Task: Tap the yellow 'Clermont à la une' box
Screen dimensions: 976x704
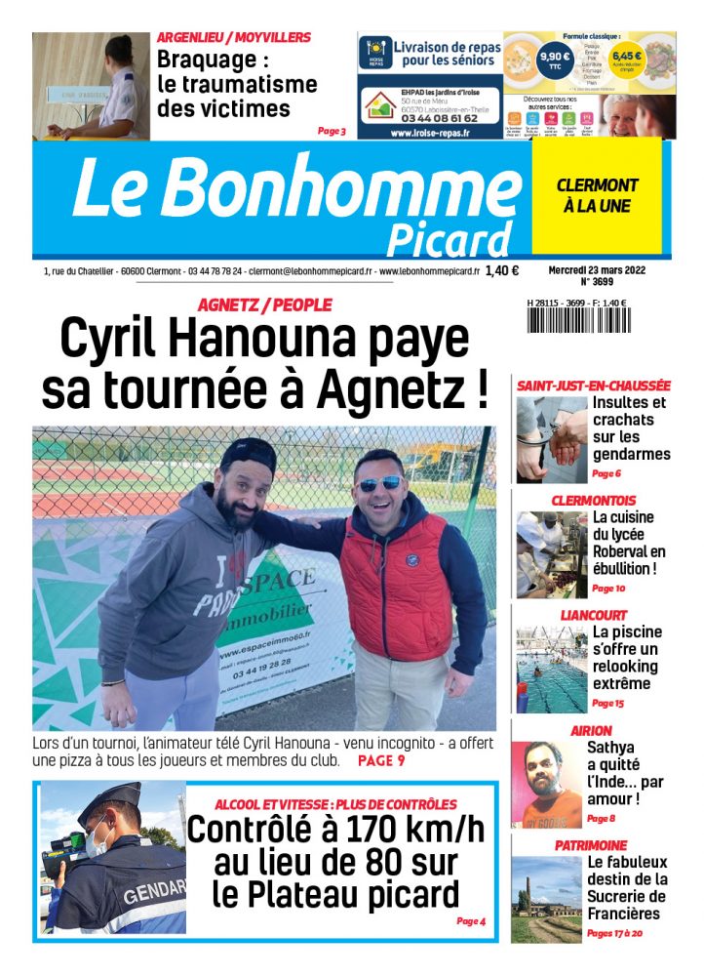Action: [x=596, y=195]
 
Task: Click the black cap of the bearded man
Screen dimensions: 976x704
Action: [x=247, y=454]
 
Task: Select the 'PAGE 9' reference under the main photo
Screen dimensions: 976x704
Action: [x=380, y=759]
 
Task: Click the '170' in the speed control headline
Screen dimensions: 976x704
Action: [x=346, y=831]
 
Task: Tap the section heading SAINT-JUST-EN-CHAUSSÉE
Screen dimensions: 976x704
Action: [x=594, y=386]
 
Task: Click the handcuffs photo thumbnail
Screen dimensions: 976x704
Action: [x=550, y=438]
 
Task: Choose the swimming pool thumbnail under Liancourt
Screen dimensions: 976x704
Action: [x=550, y=669]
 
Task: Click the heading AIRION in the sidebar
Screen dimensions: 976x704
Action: [x=591, y=730]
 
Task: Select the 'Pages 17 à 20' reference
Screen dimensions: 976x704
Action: [x=615, y=934]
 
